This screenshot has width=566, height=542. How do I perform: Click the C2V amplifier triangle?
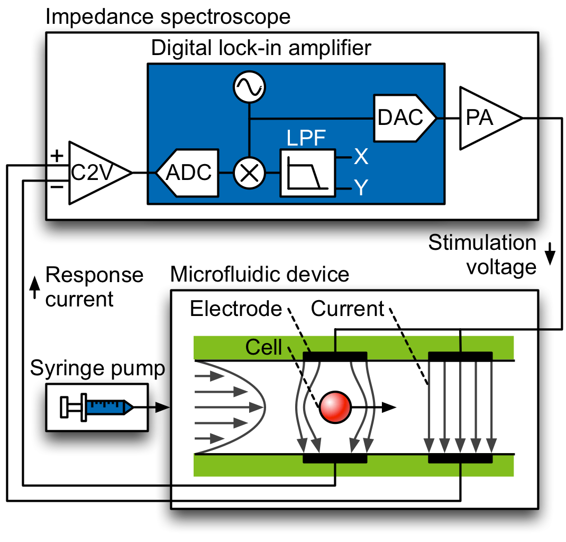tap(95, 173)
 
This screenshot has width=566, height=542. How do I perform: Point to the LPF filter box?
tap(307, 173)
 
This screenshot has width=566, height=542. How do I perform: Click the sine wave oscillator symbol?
tap(249, 87)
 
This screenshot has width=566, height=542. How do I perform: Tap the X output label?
tap(361, 157)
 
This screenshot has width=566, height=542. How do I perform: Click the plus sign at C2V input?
tap(56, 156)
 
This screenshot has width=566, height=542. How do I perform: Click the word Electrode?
tap(236, 309)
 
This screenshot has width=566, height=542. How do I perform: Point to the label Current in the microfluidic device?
tap(348, 309)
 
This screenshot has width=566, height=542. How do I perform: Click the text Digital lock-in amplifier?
tap(261, 48)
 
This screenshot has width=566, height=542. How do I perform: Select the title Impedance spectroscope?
tap(168, 16)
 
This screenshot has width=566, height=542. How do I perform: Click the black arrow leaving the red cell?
tap(376, 406)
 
